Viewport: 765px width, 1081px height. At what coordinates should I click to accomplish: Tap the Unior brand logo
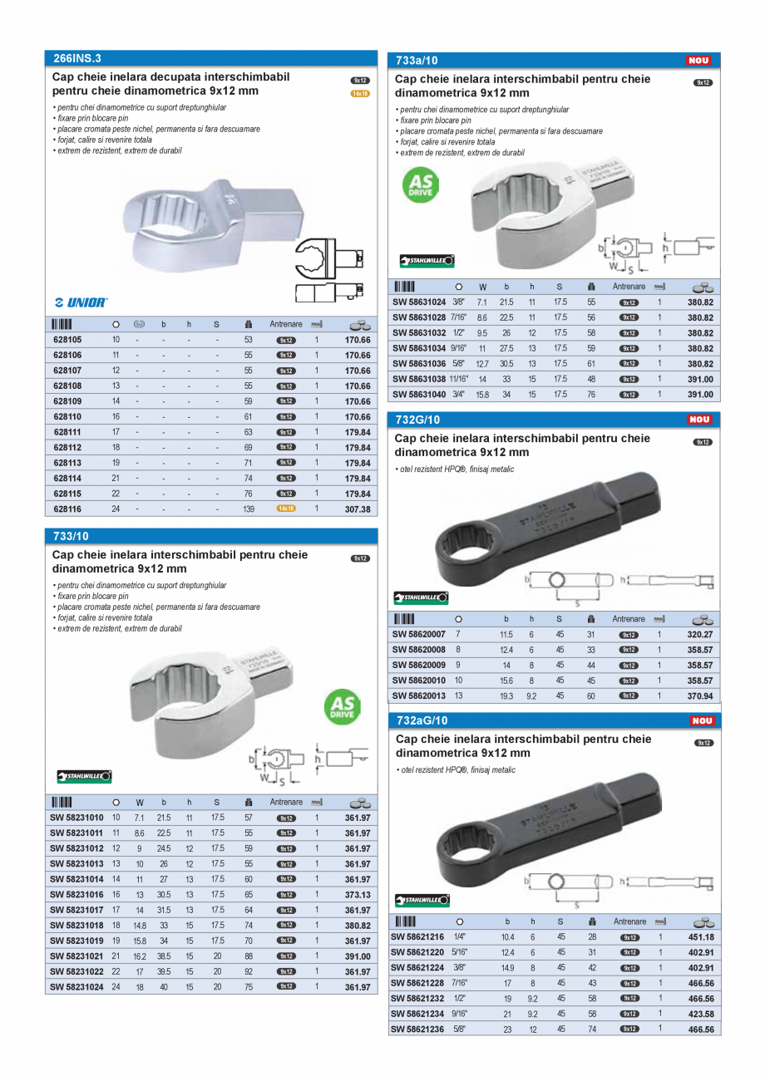point(81,302)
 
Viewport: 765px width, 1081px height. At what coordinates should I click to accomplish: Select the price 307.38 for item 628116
point(356,509)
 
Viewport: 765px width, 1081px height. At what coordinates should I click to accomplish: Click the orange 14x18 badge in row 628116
point(286,509)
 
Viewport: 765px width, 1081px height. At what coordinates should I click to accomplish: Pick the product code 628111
point(67,432)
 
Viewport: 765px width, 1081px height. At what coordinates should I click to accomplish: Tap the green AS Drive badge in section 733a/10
point(421,185)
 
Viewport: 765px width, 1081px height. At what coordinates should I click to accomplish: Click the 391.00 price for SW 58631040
point(700,394)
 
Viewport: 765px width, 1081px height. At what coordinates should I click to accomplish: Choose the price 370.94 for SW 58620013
point(700,695)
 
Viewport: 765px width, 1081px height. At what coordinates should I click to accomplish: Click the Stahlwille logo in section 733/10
point(84,776)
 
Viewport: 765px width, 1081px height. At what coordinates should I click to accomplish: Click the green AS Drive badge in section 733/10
point(342,707)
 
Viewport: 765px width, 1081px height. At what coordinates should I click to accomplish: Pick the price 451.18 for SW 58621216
point(700,937)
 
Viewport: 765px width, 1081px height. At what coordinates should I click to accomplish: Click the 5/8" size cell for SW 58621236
point(458,1028)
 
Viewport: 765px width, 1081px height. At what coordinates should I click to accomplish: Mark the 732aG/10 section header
point(422,720)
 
